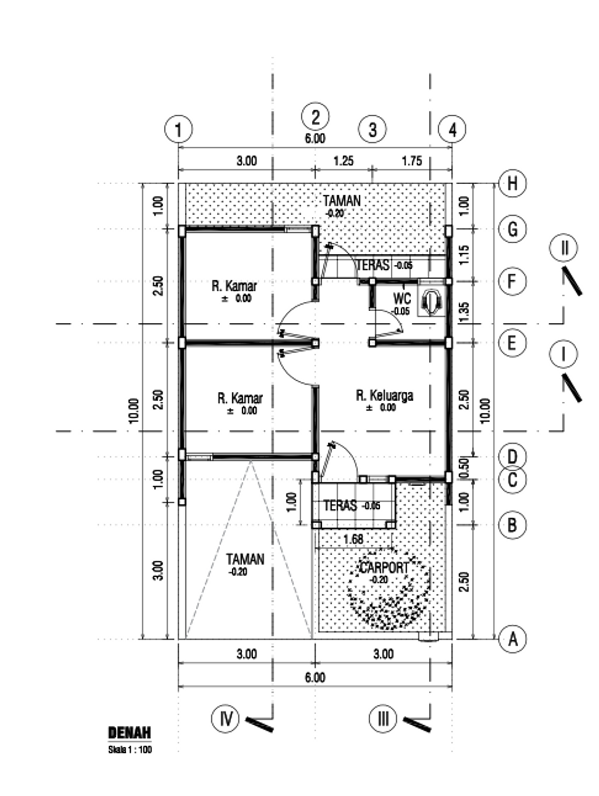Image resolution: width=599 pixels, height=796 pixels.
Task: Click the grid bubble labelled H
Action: [x=512, y=184]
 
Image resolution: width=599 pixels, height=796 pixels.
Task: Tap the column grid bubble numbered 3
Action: [x=373, y=129]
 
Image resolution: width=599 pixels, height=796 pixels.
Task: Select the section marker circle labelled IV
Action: [x=226, y=718]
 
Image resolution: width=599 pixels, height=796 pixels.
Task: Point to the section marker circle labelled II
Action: [x=564, y=248]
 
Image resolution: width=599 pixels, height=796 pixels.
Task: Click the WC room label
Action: [x=402, y=299]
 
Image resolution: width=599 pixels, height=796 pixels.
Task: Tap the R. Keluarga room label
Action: [x=385, y=395]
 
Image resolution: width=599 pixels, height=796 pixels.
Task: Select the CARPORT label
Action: [x=384, y=567]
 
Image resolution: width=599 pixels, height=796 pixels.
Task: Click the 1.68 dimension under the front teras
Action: [x=353, y=539]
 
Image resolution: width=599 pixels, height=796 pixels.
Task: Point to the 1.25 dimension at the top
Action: [x=343, y=161]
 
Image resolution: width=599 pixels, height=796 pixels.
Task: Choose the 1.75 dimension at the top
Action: [x=412, y=161]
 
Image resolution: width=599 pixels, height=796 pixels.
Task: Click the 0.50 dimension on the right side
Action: [x=466, y=468]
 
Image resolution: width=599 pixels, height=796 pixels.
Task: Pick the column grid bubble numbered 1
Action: [x=178, y=129]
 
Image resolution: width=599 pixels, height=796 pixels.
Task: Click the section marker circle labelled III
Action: [x=383, y=718]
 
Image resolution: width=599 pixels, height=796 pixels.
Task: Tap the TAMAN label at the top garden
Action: [x=342, y=201]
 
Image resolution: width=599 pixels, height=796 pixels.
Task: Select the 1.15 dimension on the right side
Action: [x=465, y=256]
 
